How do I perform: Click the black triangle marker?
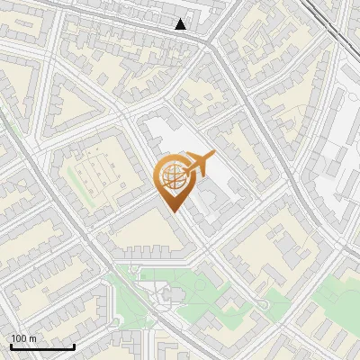coord(181,24)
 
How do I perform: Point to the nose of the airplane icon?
coord(215,154)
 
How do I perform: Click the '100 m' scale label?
coord(23,338)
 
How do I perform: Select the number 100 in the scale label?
coord(19,338)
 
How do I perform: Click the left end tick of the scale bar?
coord(11,346)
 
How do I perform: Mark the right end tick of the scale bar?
coord(74,346)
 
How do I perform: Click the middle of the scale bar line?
coord(42,347)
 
